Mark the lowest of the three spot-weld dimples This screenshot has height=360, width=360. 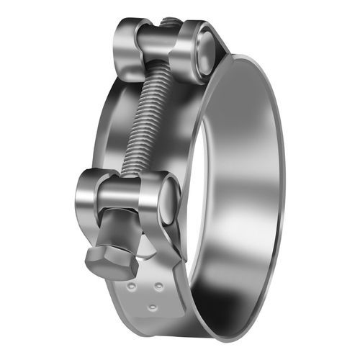[x=153, y=308]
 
